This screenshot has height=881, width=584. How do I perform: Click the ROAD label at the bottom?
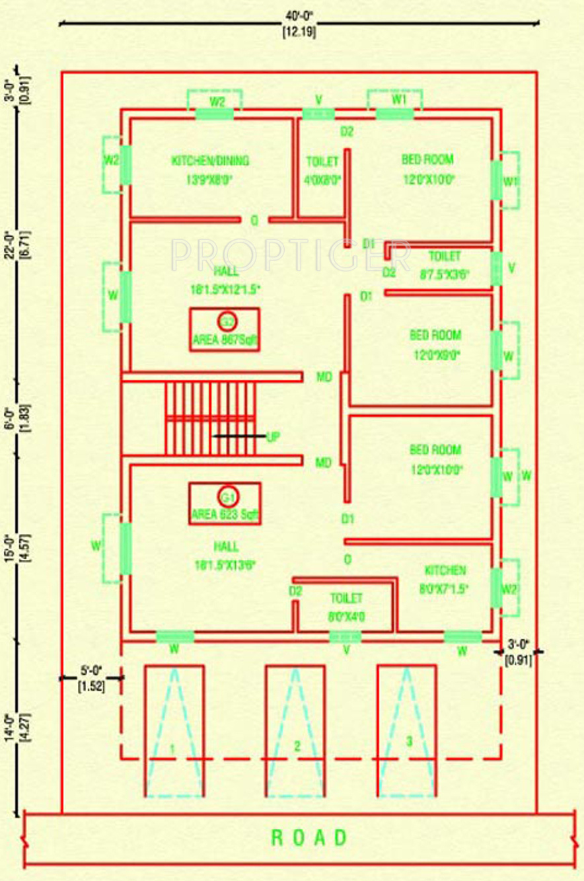(309, 838)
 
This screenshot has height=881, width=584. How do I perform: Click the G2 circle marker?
(227, 322)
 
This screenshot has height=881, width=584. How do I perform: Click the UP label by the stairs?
(273, 436)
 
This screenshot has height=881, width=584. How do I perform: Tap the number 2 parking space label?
(297, 746)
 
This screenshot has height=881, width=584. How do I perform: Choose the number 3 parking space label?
(409, 742)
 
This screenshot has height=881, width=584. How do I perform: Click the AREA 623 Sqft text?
(224, 514)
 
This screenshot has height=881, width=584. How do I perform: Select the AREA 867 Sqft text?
(225, 341)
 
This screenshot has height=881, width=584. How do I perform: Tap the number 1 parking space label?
(172, 749)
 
